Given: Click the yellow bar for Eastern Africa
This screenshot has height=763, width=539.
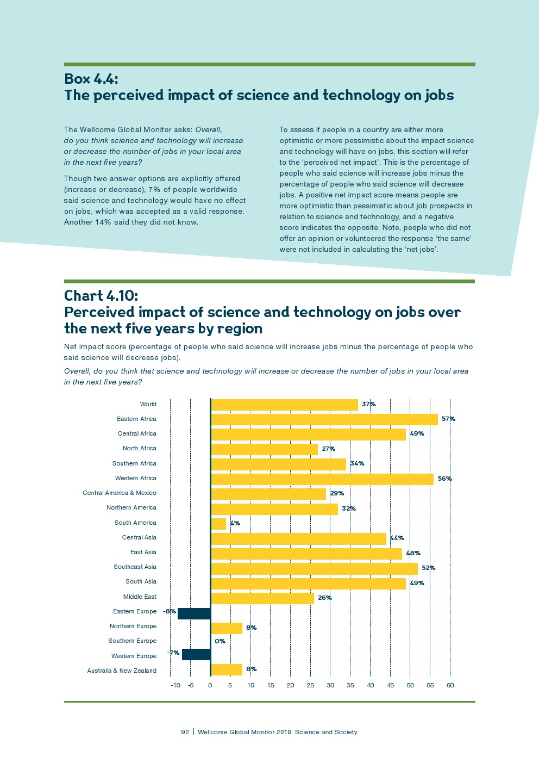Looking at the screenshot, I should [x=324, y=419].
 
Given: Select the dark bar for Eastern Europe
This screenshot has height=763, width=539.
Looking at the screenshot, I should [x=194, y=613].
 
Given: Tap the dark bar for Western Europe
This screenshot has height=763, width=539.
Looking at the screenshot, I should [x=196, y=654].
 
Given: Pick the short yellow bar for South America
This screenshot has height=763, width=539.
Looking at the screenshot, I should [x=218, y=524].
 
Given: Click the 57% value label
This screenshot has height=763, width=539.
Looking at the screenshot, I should [x=448, y=419].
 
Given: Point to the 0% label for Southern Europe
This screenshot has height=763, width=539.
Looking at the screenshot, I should [x=220, y=641].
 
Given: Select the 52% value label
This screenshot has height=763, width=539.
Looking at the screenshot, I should [x=428, y=568].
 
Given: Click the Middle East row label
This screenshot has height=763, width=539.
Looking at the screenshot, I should [x=140, y=597].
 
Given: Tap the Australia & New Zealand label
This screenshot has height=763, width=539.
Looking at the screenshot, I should [x=122, y=671].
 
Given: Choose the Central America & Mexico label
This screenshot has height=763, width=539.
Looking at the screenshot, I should [x=120, y=493].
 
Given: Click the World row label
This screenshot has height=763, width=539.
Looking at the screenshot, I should [x=148, y=404].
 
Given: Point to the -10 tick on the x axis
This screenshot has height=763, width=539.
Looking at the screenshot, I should [x=176, y=685].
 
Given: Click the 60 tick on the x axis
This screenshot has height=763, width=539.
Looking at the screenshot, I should [x=450, y=685].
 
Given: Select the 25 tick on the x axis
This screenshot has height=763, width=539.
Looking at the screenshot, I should [x=310, y=685].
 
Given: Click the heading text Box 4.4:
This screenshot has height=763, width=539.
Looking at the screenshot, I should [x=91, y=79].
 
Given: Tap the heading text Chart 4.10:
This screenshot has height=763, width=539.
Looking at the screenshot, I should [x=101, y=295].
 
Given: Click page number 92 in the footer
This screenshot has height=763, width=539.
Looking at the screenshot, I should [x=185, y=732].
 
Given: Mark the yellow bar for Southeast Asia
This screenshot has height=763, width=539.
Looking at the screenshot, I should [x=314, y=568].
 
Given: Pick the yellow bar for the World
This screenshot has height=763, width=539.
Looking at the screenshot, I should [x=284, y=405].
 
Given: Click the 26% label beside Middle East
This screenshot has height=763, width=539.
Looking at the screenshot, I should [x=325, y=598].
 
